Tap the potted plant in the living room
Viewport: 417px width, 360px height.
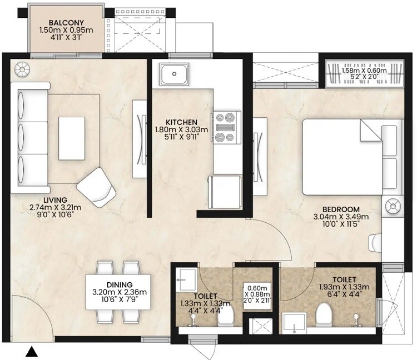pos(23,69)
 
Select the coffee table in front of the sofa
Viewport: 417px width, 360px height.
pos(73,132)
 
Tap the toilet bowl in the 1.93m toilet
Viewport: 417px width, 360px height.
pos(325,316)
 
